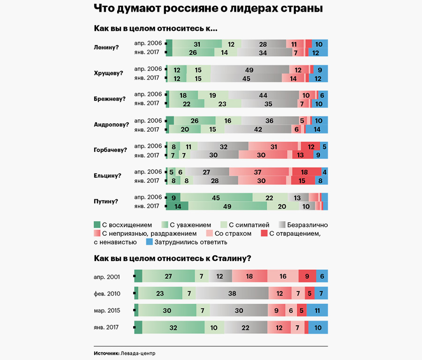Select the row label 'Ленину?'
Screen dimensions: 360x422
tap(106, 48)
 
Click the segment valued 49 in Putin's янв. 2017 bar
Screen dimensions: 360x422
tap(227, 206)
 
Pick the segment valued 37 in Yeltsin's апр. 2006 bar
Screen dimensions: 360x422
tap(258, 172)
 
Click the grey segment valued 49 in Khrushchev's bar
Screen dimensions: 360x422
tap(249, 70)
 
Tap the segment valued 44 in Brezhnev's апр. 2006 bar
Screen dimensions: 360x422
tap(263, 95)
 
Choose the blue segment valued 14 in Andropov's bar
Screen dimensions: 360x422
tap(316, 129)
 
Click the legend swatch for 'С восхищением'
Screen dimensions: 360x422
tap(98, 225)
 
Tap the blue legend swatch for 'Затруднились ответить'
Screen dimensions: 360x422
tap(150, 242)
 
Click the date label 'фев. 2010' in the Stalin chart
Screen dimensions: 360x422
tap(107, 294)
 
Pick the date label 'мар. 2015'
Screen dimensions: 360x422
tap(107, 310)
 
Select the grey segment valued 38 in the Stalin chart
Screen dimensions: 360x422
tap(232, 294)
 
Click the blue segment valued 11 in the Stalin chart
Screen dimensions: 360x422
tap(317, 310)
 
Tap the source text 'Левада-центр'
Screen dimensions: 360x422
tap(138, 353)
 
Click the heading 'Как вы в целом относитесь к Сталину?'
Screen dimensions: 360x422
tap(173, 258)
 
